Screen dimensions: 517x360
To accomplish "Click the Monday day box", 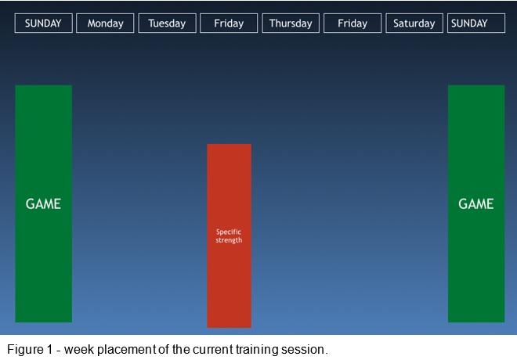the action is click(x=105, y=23).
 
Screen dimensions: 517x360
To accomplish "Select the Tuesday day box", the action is click(x=167, y=23).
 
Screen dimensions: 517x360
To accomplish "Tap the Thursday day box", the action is click(x=291, y=23).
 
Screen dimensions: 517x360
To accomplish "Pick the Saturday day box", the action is click(x=414, y=23).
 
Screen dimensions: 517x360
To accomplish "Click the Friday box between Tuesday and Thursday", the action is click(x=229, y=23).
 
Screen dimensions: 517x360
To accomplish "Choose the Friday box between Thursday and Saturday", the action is click(x=352, y=23).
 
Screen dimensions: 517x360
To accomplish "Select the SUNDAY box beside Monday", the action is click(x=44, y=23).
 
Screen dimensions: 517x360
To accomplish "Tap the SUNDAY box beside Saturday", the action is click(x=476, y=23).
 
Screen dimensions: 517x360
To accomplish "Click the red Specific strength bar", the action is click(x=230, y=236).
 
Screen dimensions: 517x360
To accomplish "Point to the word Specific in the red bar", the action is click(x=229, y=232).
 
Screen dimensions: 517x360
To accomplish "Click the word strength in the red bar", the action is click(x=229, y=240).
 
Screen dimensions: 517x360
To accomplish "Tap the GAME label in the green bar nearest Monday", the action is click(x=43, y=204).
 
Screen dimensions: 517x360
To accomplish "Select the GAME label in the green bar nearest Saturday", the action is click(x=476, y=204).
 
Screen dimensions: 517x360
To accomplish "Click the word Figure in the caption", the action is click(x=25, y=350).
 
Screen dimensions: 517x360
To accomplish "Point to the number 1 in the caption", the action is click(x=50, y=349).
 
